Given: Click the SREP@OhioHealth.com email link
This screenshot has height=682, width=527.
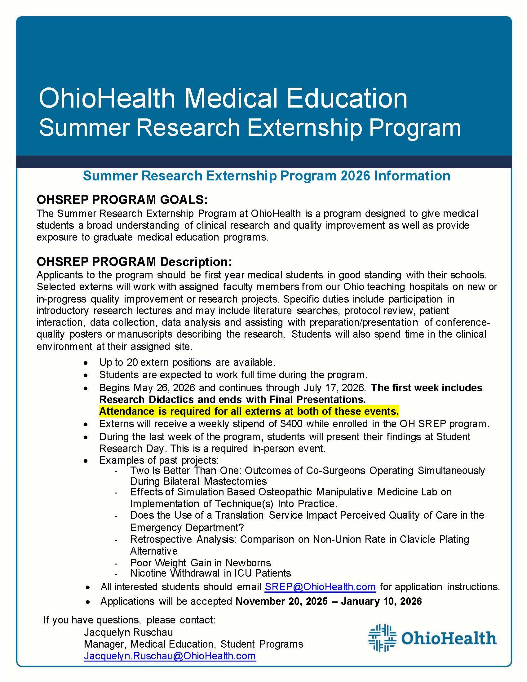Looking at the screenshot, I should point(320,587).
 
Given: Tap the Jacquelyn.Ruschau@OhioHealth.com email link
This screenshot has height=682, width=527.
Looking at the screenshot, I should point(170,656).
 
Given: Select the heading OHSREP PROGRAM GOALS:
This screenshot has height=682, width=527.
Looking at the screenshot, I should point(122,200).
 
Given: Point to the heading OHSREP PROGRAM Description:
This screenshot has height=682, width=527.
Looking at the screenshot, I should point(134,262).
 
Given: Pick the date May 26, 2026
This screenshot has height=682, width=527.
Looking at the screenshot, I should point(164,388).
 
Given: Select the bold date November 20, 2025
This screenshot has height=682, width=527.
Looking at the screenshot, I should point(281,601).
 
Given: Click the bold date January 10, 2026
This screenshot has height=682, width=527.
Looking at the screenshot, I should point(381,601).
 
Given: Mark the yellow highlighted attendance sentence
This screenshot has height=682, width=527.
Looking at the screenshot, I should point(249,412).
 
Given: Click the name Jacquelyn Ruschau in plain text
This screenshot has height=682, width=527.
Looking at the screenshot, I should point(128,632).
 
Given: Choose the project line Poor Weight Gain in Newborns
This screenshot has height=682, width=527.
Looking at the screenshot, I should point(201,563).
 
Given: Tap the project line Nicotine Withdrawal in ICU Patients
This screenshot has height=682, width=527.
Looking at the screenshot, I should point(210,573).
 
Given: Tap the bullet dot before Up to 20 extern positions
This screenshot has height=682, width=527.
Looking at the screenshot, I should point(86,363).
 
